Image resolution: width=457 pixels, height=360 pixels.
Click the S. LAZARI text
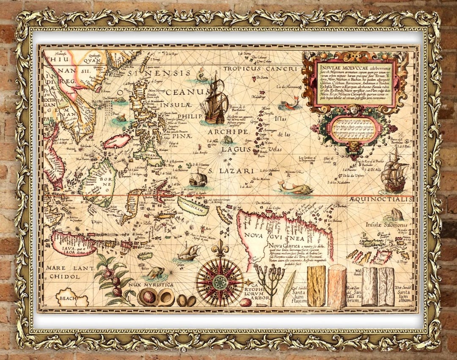coord(231,171)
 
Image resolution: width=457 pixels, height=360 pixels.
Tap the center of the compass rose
coord(220,281)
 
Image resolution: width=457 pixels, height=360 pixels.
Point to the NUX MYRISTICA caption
coord(151,285)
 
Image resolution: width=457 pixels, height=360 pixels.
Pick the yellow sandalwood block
coord(317,285)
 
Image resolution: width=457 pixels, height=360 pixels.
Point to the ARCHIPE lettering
coord(227,132)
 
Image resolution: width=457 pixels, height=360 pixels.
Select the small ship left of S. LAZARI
coord(198,178)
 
